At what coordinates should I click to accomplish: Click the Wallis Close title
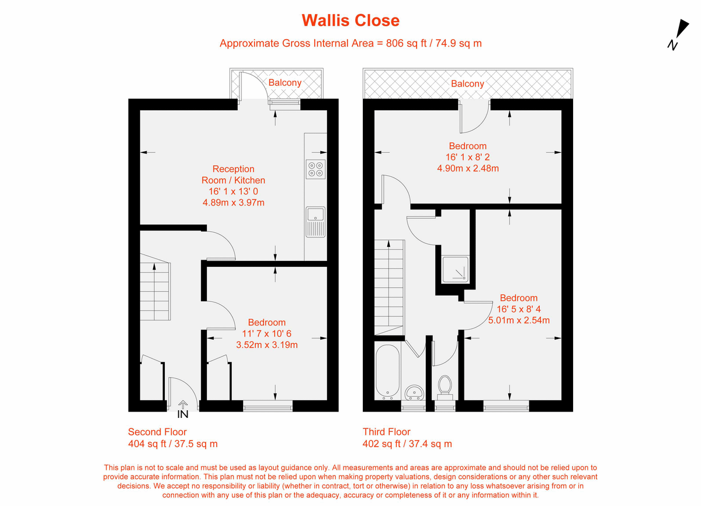pyautogui.click(x=350, y=20)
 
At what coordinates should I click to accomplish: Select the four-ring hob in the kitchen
pyautogui.click(x=315, y=169)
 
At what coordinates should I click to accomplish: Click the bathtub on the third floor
pyautogui.click(x=388, y=370)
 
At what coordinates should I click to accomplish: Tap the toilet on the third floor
pyautogui.click(x=445, y=385)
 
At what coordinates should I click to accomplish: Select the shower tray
pyautogui.click(x=454, y=269)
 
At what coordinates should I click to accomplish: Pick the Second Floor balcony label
pyautogui.click(x=284, y=82)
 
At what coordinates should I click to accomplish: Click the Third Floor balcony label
pyautogui.click(x=467, y=83)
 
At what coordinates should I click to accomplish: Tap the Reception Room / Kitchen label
pyautogui.click(x=233, y=175)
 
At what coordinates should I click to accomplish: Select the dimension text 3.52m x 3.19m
pyautogui.click(x=266, y=344)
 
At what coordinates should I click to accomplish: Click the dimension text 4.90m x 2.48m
pyautogui.click(x=468, y=168)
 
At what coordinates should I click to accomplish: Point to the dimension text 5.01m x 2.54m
pyautogui.click(x=519, y=320)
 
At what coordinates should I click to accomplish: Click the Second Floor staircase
pyautogui.click(x=155, y=292)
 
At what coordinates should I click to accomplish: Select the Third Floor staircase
pyautogui.click(x=388, y=286)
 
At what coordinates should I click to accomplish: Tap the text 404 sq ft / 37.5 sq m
pyautogui.click(x=173, y=444)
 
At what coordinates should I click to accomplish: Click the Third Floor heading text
pyautogui.click(x=386, y=432)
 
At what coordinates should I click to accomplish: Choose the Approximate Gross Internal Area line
pyautogui.click(x=350, y=43)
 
